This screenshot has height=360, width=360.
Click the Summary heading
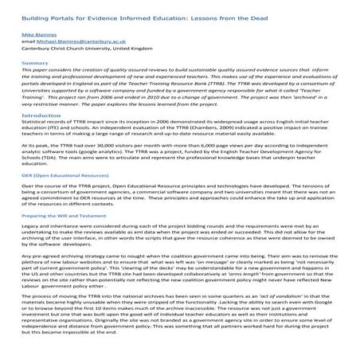pos(34,68)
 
